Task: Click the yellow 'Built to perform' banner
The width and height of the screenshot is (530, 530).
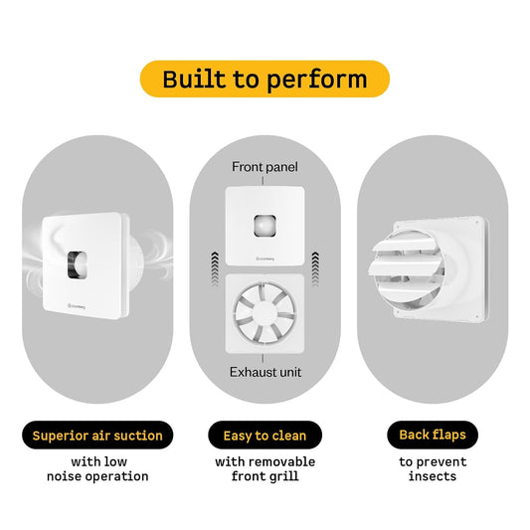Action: click(x=265, y=79)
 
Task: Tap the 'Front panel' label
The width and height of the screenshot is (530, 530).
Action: click(x=265, y=167)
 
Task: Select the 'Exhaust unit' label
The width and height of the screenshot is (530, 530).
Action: click(x=265, y=372)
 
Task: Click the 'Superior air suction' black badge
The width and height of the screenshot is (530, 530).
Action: click(x=97, y=435)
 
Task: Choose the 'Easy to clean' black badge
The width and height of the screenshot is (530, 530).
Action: click(x=265, y=435)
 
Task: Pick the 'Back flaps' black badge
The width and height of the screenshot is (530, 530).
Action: click(x=433, y=435)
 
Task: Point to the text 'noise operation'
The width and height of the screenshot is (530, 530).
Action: click(x=97, y=476)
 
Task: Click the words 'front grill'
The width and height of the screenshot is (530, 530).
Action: click(x=265, y=476)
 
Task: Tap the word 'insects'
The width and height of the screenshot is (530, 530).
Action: click(x=433, y=476)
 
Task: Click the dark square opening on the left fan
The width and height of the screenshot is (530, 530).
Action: click(x=78, y=265)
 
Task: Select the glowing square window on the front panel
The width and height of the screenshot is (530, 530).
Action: click(x=265, y=226)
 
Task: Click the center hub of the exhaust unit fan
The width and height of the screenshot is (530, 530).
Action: click(x=265, y=313)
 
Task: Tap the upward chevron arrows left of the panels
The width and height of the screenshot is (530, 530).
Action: click(x=215, y=269)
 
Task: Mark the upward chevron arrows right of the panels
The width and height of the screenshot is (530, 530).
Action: click(x=315, y=269)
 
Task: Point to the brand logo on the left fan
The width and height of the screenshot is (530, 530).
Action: click(x=77, y=306)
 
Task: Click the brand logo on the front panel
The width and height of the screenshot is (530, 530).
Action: click(x=265, y=259)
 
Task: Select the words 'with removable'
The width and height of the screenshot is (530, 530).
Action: click(x=265, y=461)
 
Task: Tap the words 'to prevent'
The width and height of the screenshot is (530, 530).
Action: click(x=433, y=462)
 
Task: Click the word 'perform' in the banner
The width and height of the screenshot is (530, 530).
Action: click(x=317, y=80)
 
